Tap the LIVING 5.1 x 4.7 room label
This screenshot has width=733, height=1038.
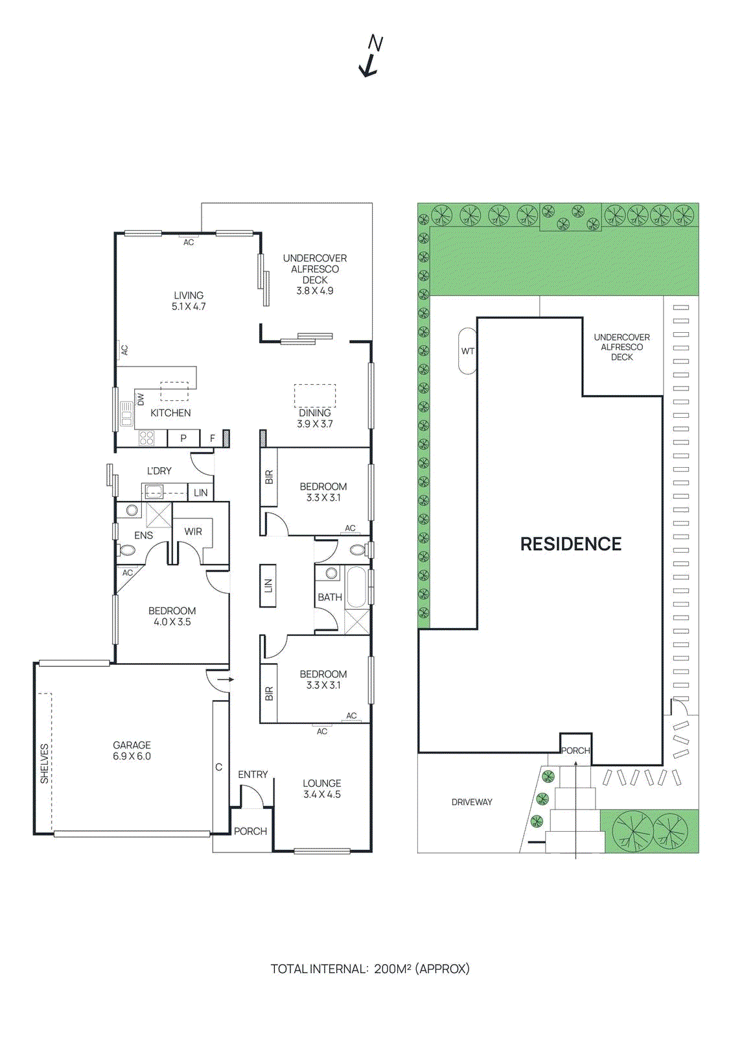[x=189, y=301]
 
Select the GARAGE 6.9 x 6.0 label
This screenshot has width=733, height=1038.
[x=132, y=751]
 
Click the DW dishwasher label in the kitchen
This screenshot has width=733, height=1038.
[x=141, y=399]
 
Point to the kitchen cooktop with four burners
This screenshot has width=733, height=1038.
[x=147, y=439]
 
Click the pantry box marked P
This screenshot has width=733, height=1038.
[x=183, y=439]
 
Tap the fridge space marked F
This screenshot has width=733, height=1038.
[x=212, y=439]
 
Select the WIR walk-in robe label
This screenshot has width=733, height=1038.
[x=193, y=531]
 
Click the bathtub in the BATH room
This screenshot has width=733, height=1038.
[x=356, y=587]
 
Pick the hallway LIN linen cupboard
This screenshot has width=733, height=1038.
[x=268, y=586]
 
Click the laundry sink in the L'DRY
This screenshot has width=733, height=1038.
[x=154, y=492]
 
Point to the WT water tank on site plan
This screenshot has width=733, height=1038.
[x=467, y=351]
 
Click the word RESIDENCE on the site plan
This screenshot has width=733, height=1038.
[x=570, y=544]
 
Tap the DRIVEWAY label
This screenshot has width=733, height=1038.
[x=472, y=803]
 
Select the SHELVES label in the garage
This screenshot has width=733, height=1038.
[x=44, y=763]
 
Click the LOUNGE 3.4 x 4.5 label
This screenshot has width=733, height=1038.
[x=322, y=789]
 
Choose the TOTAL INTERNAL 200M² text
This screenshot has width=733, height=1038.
[x=369, y=969]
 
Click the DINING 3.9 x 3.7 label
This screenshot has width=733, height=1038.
[x=315, y=418]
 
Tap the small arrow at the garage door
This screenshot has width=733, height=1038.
[x=226, y=680]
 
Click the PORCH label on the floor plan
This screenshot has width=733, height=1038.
[x=250, y=831]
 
